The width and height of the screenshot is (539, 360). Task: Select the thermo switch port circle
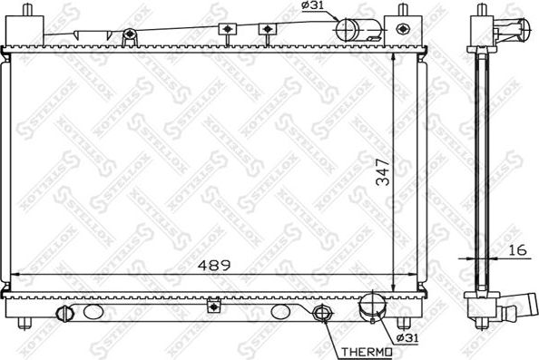321,316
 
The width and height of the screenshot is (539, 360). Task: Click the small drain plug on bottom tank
64,315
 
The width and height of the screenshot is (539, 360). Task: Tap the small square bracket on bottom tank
213,304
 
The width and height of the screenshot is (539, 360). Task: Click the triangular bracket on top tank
131,36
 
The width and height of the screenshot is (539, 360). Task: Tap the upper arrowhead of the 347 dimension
392,45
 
